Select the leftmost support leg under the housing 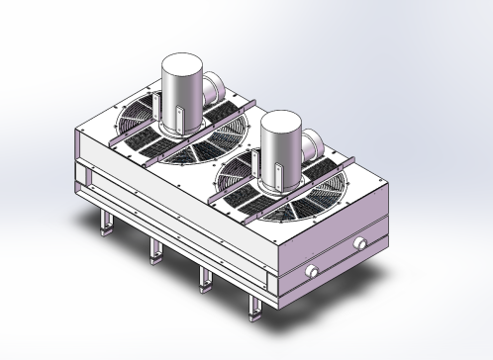[x=105, y=224]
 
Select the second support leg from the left [x=153, y=252]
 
